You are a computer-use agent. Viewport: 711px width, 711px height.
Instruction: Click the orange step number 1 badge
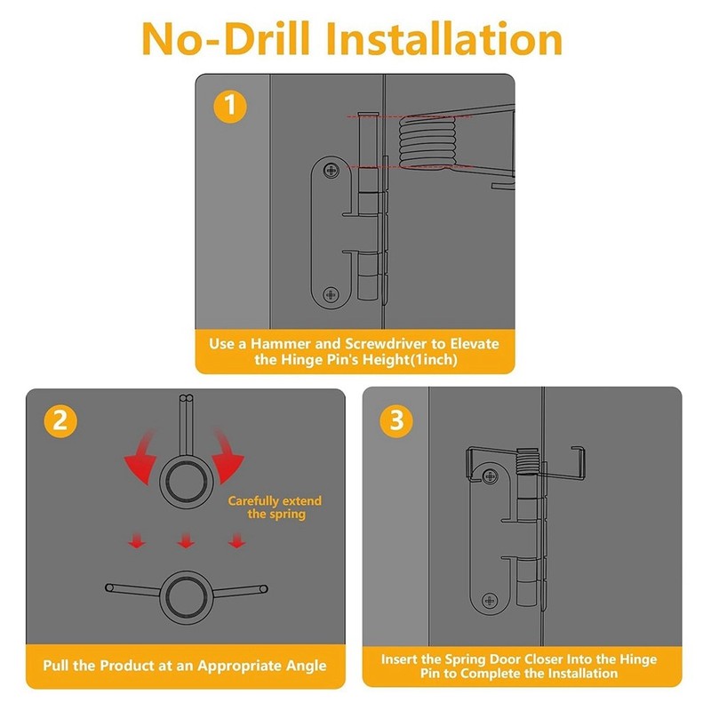[230, 107]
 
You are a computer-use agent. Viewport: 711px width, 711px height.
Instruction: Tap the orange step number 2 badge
[60, 420]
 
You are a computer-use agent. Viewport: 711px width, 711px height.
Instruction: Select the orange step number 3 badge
[396, 420]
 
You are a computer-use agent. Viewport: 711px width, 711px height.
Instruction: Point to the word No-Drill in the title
[226, 39]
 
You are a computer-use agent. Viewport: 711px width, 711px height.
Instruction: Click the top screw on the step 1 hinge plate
[331, 171]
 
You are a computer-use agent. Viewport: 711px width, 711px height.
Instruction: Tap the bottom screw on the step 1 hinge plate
[331, 295]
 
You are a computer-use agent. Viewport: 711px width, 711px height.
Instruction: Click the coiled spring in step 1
[427, 142]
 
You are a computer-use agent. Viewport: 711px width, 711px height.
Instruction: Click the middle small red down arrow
[186, 540]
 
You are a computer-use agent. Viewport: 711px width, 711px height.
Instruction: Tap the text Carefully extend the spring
[275, 507]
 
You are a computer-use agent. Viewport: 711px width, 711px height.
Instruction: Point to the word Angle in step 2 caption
[306, 666]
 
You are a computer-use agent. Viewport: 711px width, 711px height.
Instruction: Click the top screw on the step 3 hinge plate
[490, 476]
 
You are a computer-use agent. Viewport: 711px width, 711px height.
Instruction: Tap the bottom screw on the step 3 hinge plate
[490, 601]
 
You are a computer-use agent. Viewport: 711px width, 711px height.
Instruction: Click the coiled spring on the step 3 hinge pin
[528, 461]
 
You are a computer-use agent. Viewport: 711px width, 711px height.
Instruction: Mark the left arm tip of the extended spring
[108, 587]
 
